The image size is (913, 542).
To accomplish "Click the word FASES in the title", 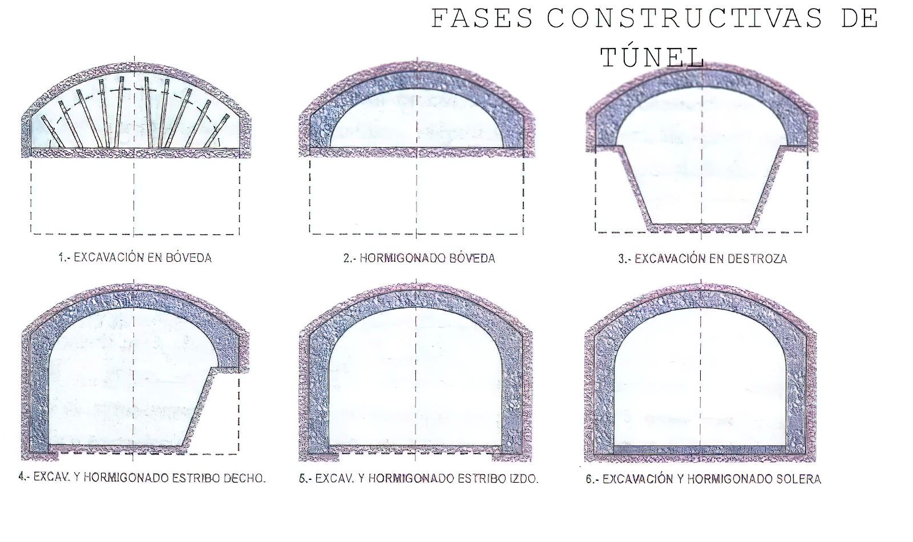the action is (482, 19).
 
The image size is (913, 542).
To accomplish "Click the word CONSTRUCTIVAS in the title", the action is (684, 19).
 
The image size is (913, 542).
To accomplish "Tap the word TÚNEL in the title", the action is (652, 57).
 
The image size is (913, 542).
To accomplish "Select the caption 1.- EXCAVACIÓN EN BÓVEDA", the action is (135, 258).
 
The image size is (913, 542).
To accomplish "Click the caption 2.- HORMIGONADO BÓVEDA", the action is (419, 258).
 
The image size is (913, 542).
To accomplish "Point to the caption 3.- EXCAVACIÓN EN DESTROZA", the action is (702, 259).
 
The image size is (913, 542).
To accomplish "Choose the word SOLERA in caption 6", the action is (799, 479).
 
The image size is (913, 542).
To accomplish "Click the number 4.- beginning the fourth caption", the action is (25, 477).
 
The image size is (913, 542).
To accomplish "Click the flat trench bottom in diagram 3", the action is (701, 224).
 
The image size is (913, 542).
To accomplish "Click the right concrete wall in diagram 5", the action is (512, 394).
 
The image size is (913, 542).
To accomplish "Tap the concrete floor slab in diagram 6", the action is (701, 450).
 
